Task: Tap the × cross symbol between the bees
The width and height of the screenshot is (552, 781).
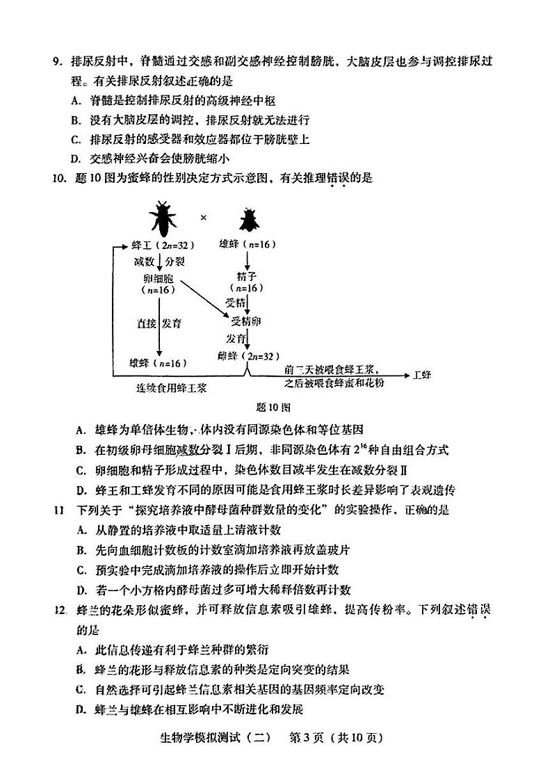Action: pyautogui.click(x=204, y=217)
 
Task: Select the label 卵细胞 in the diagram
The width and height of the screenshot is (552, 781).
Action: pyautogui.click(x=159, y=277)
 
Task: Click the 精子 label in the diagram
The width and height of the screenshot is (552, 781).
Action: pyautogui.click(x=247, y=276)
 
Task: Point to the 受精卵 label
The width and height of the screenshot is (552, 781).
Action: pyautogui.click(x=247, y=321)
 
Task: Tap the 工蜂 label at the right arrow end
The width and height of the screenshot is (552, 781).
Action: pyautogui.click(x=422, y=375)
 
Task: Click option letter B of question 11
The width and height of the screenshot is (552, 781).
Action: pyautogui.click(x=81, y=549)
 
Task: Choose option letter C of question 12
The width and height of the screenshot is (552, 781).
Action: pyautogui.click(x=81, y=690)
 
